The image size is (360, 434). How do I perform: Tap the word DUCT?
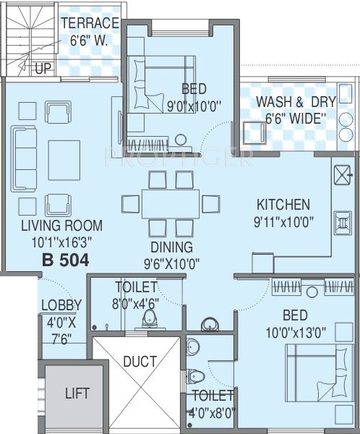click(140, 362)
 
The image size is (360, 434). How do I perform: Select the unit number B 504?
click(66, 260)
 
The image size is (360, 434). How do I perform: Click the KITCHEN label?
click(283, 205)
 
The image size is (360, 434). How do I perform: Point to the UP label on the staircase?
click(43, 68)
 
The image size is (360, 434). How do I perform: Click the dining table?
click(171, 204)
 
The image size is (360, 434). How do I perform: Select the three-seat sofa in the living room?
click(24, 158)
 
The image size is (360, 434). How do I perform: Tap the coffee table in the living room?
click(64, 161)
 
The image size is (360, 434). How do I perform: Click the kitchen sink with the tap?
click(343, 175)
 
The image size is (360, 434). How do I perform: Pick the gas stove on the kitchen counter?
click(343, 223)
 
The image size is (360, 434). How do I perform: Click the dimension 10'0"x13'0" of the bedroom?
click(296, 333)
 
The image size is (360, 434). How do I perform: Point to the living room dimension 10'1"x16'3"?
click(61, 243)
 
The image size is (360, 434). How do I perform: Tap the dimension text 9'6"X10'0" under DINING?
click(171, 264)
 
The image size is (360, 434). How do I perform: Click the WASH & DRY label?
click(296, 102)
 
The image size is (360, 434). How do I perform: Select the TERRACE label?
click(90, 23)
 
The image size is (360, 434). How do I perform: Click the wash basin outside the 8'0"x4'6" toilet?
click(210, 324)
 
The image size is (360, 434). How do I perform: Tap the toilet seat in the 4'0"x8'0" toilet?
click(196, 376)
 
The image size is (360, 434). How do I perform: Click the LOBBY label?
click(61, 305)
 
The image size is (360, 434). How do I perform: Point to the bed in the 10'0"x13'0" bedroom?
click(320, 373)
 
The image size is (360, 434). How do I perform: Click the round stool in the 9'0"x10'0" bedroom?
click(181, 140)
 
